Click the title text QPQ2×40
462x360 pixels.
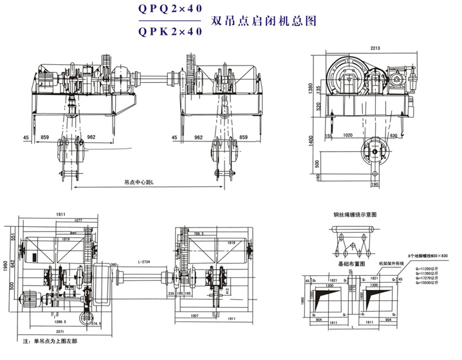[168, 10]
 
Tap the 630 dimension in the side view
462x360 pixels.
[394, 136]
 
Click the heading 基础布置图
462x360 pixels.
[353, 264]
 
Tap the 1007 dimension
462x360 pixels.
[197, 316]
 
